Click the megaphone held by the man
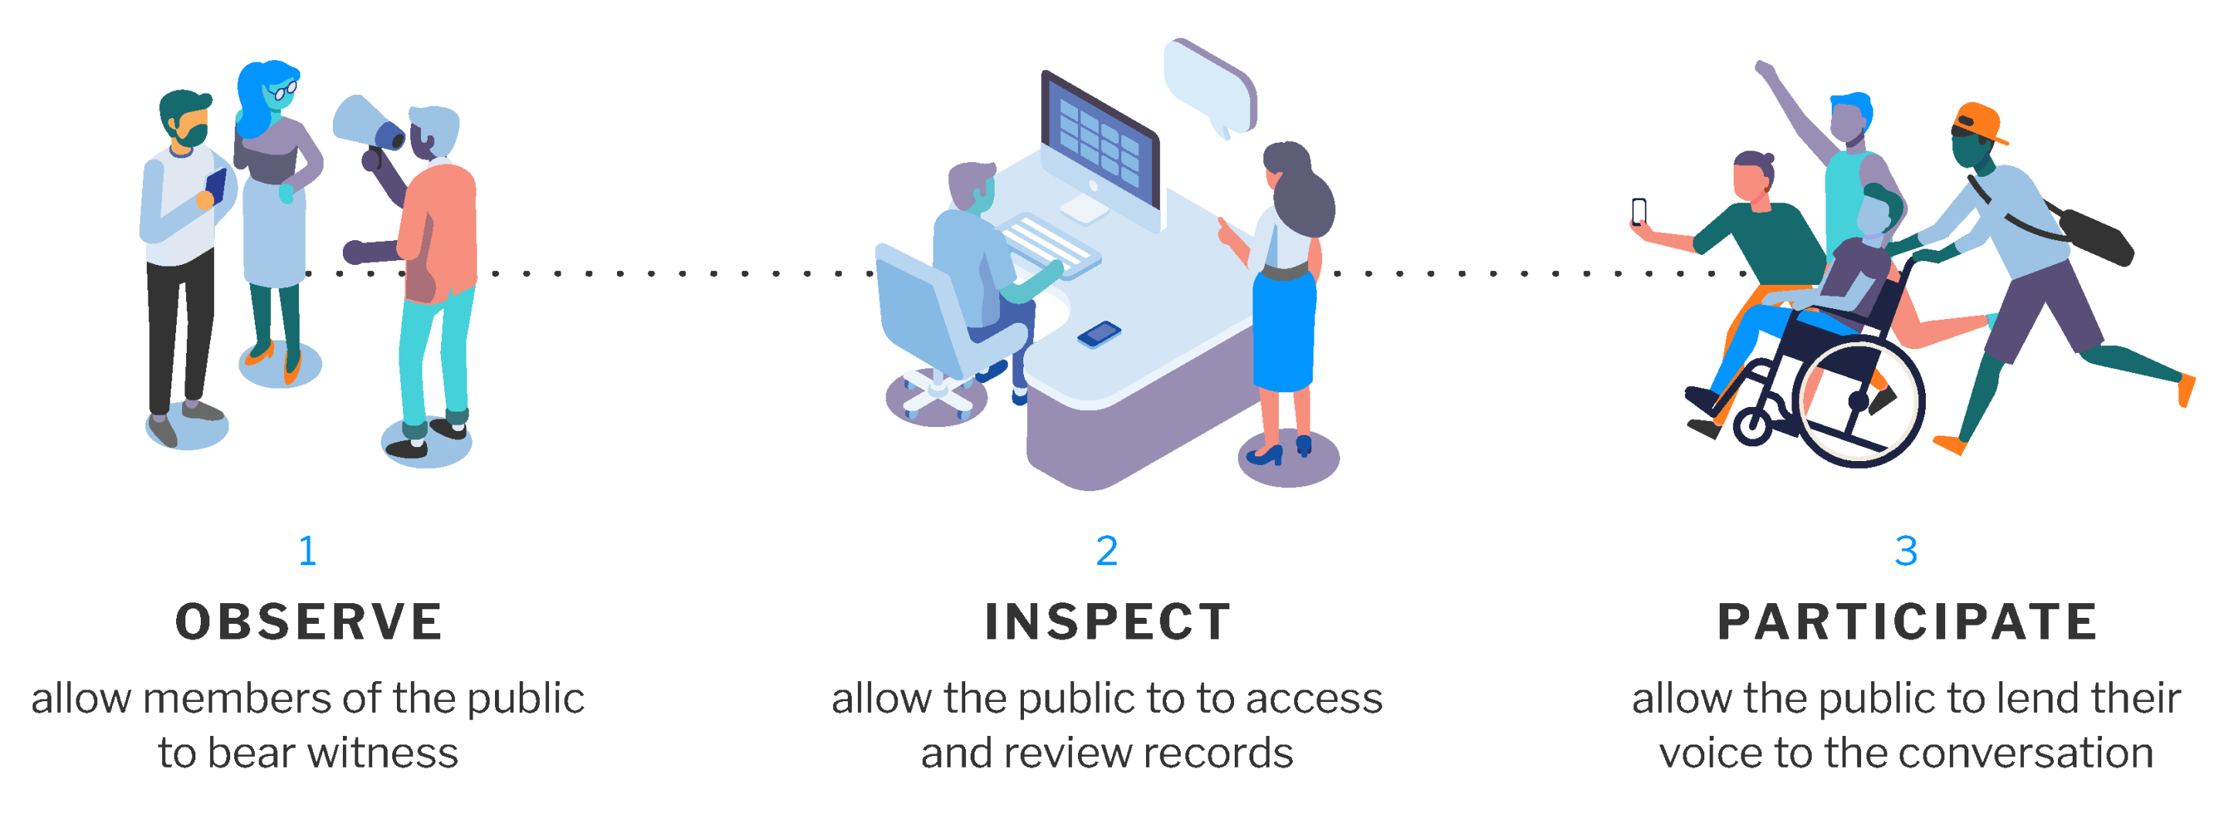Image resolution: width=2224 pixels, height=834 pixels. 367,126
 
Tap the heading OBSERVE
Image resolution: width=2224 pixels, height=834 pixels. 309,622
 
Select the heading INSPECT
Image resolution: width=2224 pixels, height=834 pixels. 1107,622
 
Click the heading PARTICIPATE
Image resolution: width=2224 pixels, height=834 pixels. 1907,622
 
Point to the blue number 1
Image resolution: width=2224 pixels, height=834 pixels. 307,551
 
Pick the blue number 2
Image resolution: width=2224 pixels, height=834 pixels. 1107,551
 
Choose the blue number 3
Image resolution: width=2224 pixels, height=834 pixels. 1905,551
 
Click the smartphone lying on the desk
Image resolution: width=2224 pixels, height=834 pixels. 1099,334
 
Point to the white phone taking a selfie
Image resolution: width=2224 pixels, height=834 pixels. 1639,211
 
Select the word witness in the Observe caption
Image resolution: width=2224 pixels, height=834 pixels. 382,754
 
